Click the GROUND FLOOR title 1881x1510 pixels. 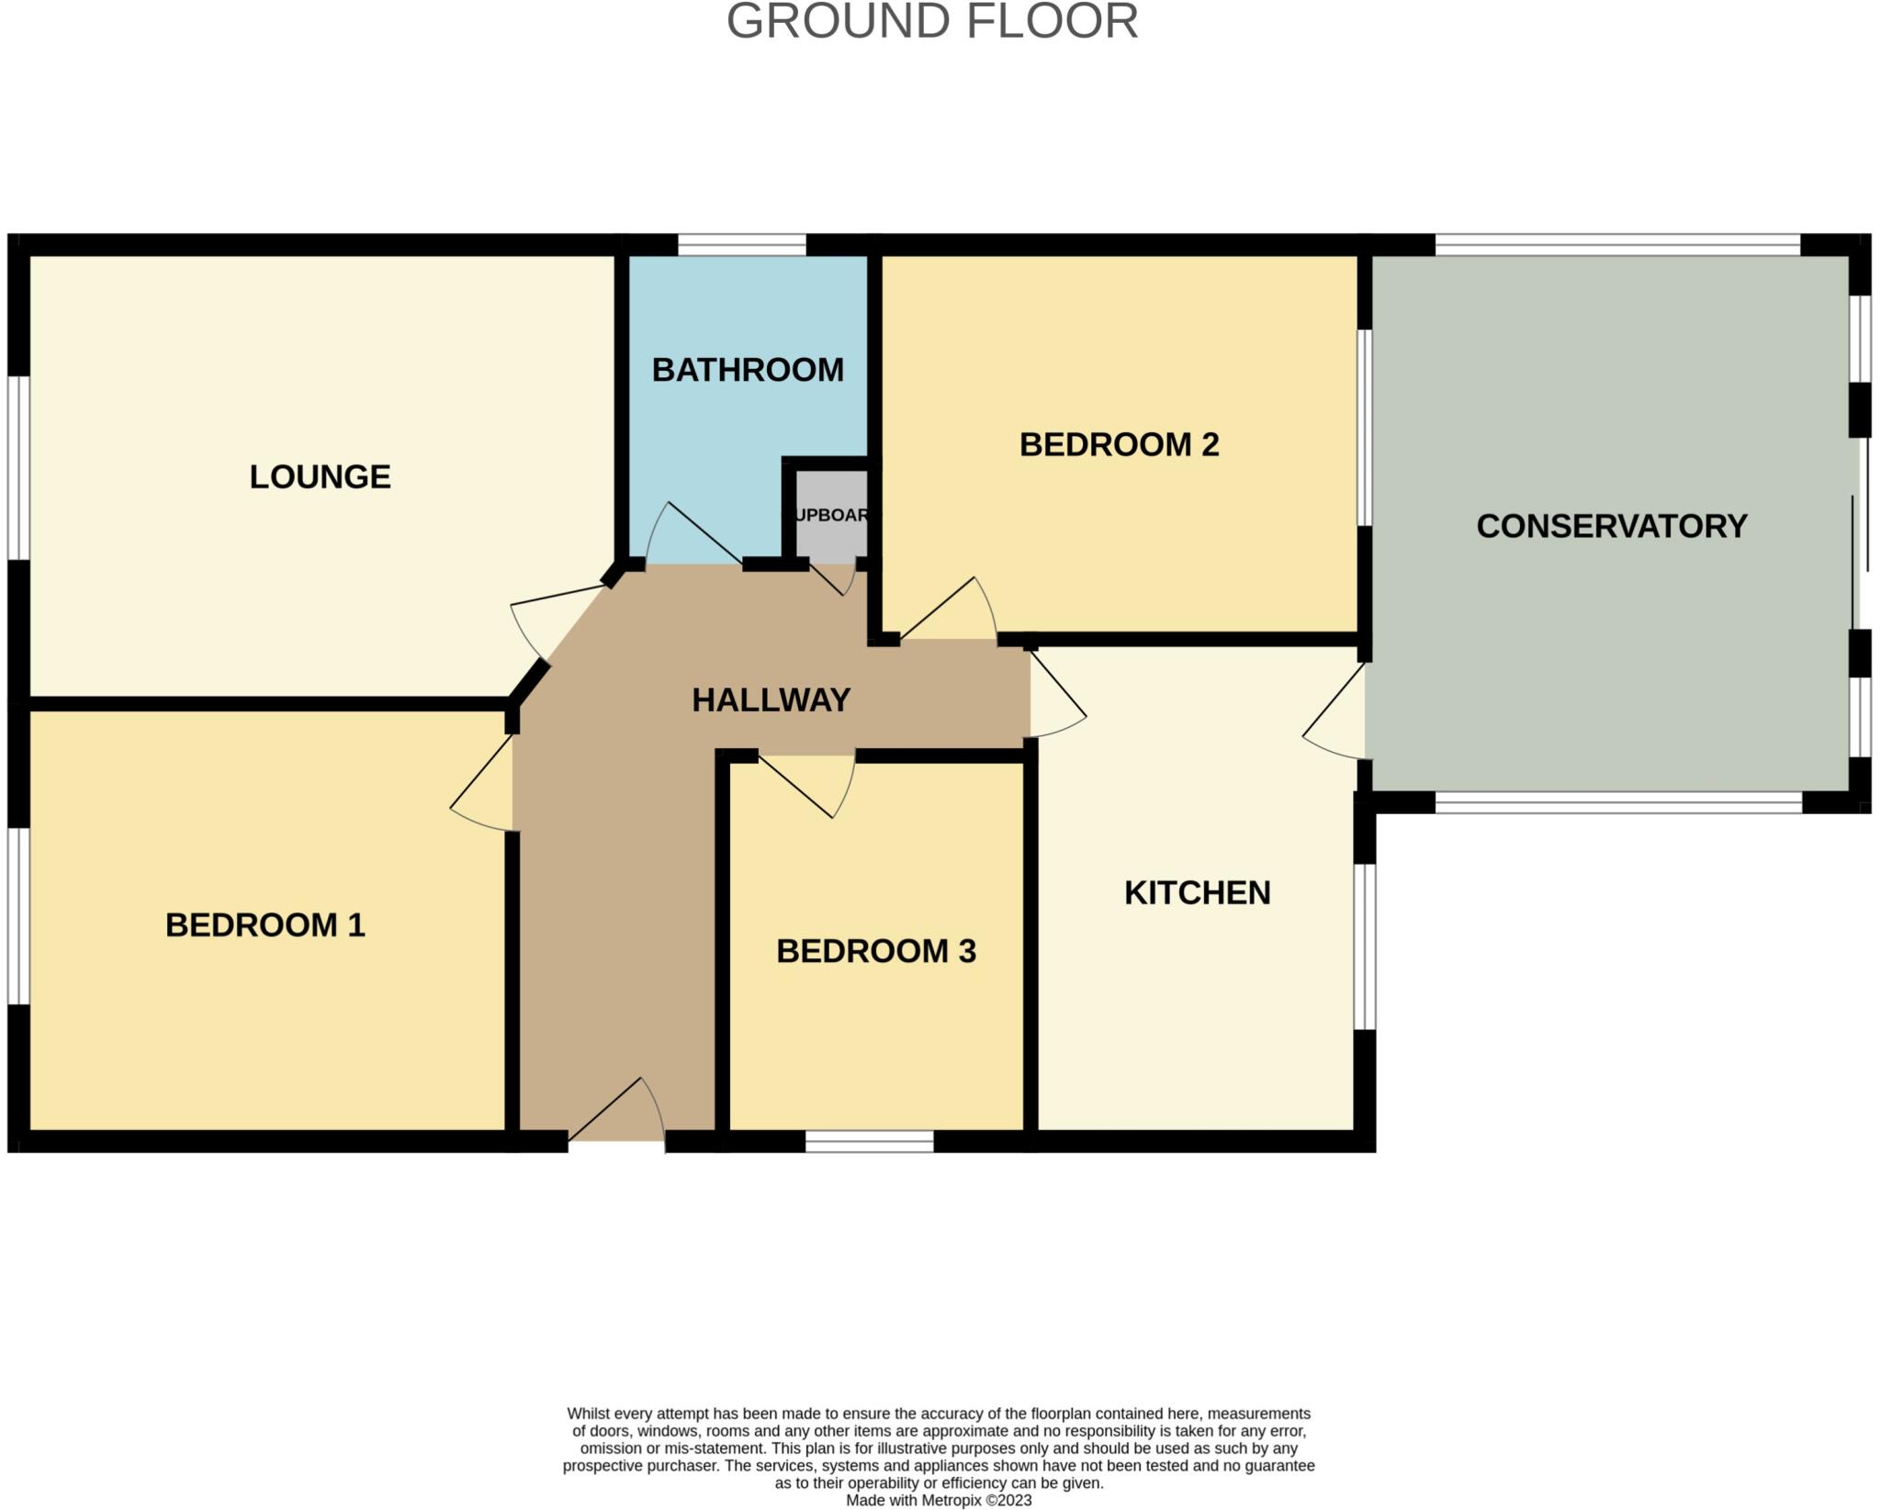931,21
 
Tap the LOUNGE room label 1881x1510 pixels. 320,476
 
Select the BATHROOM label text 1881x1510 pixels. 748,370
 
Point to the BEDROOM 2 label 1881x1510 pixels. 1119,444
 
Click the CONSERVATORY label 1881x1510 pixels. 1611,526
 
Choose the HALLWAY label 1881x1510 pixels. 771,700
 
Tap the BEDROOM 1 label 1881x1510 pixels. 265,924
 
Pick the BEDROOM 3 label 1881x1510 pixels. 875,951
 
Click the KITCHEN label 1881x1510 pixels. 1197,892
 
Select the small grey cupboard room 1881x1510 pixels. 830,514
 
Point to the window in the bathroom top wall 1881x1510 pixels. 741,244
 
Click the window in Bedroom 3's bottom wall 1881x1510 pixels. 869,1142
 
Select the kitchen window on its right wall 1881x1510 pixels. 1365,946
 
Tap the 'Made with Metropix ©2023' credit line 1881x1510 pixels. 938,1501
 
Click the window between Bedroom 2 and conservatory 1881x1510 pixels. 1365,427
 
